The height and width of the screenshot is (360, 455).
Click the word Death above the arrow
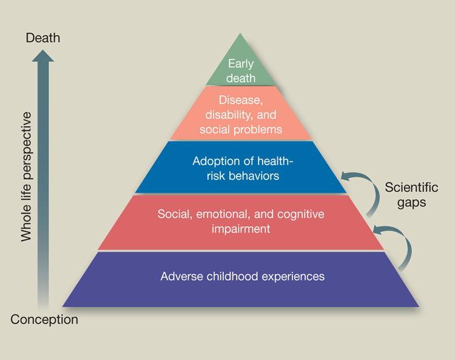point(43,38)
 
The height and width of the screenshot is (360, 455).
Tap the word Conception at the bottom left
point(44,319)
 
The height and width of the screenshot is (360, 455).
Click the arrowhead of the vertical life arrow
point(43,55)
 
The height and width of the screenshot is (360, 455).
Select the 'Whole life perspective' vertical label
point(26,176)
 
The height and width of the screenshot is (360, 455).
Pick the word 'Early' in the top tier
point(241,63)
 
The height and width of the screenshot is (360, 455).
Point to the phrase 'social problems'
point(241,129)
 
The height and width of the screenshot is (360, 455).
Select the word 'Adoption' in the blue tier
point(213,161)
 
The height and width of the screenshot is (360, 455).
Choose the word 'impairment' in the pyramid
point(241,229)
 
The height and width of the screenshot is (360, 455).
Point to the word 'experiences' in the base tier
point(296,276)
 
